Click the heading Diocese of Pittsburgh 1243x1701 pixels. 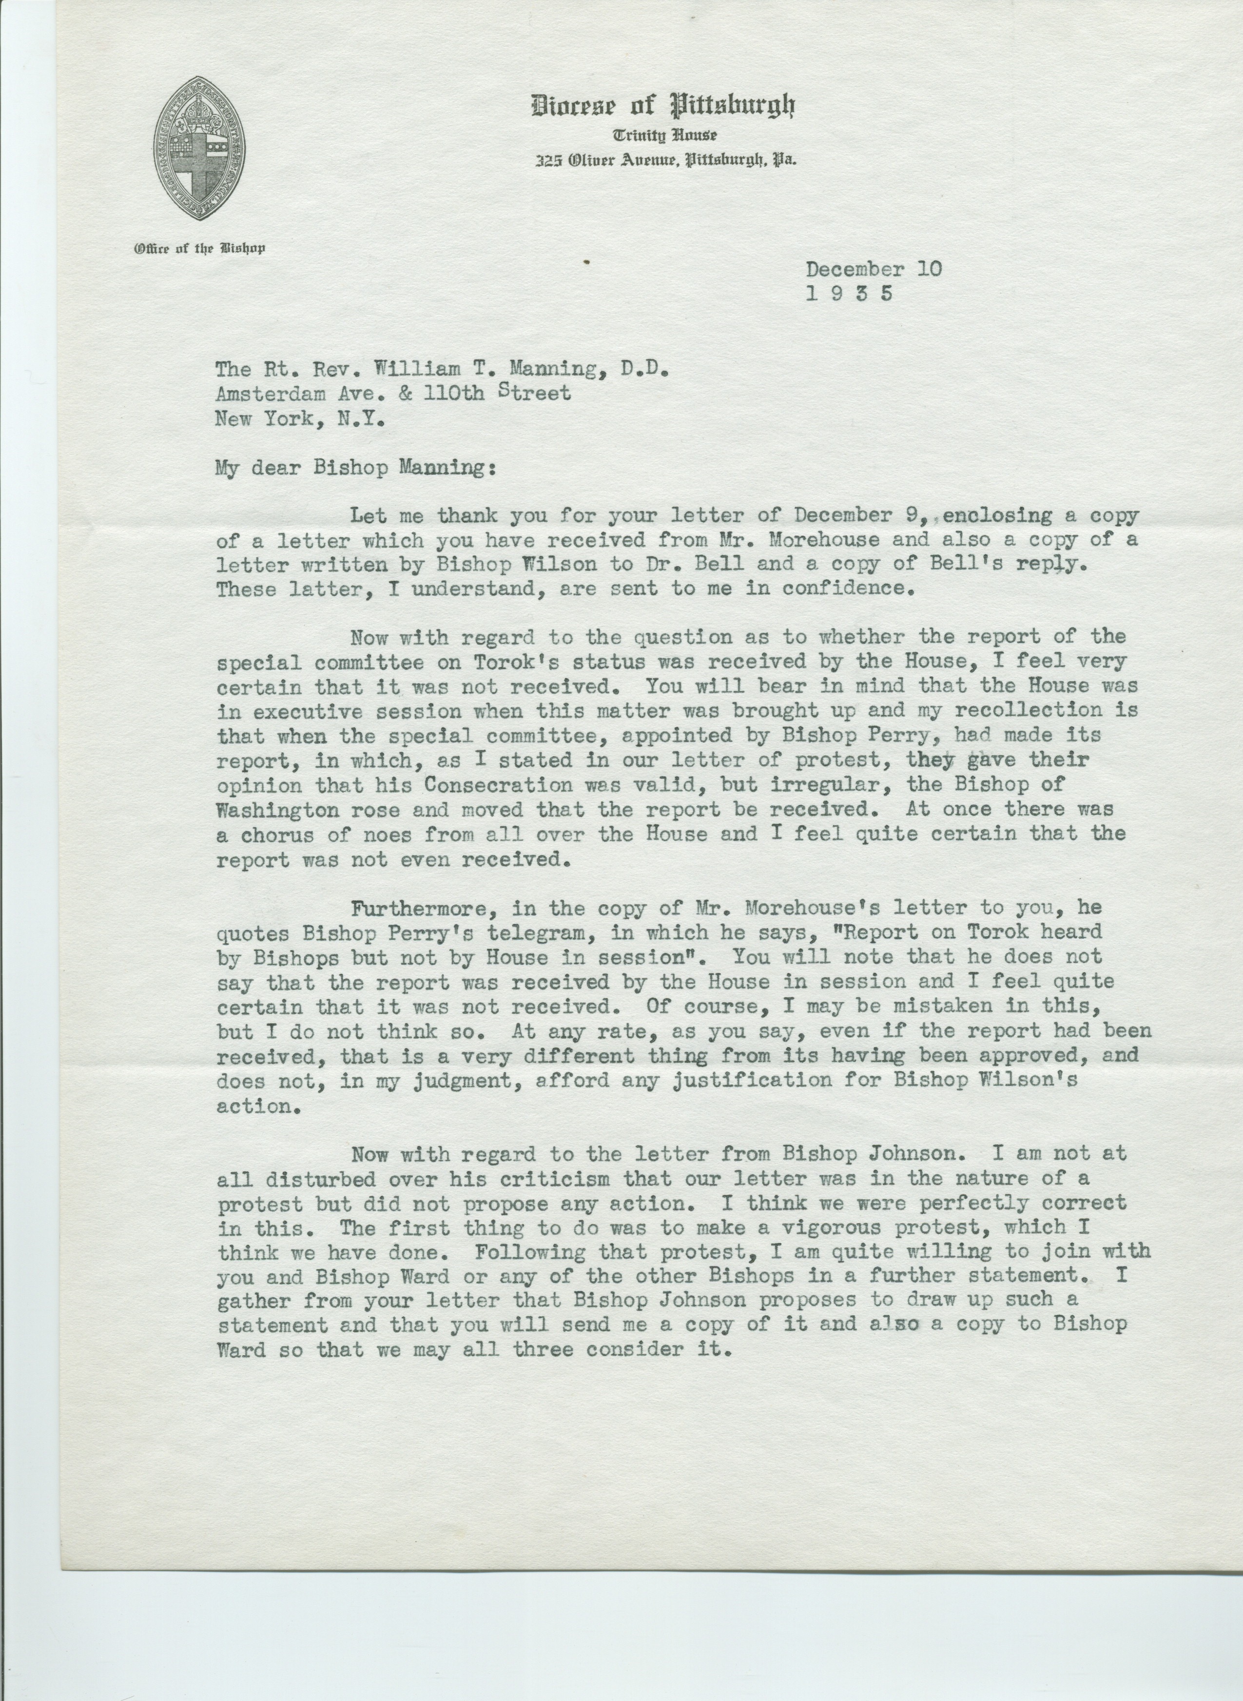[663, 107]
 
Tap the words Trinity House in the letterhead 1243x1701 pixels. [664, 136]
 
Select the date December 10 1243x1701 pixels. [873, 270]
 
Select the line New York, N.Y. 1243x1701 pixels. [300, 418]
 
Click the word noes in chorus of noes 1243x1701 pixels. [385, 834]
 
